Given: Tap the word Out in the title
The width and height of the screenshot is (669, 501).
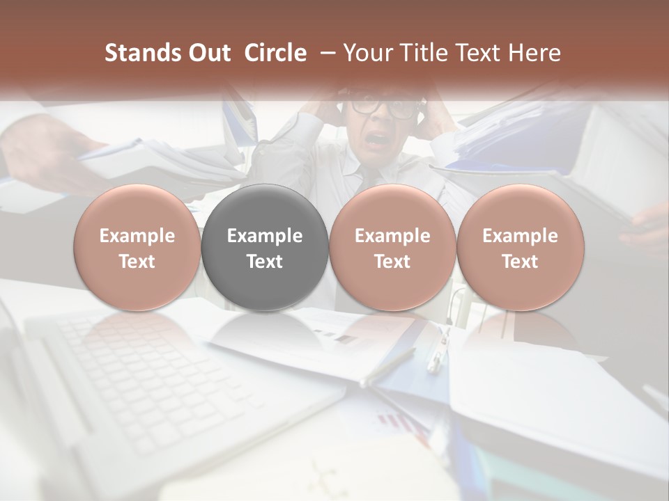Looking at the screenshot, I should (208, 53).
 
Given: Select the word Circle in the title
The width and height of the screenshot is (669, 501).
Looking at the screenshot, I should (275, 53).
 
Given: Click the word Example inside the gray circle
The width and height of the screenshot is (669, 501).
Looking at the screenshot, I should (265, 236).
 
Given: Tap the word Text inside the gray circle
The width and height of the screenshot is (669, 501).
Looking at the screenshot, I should (265, 262).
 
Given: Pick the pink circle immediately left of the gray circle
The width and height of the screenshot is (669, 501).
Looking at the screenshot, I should (137, 247).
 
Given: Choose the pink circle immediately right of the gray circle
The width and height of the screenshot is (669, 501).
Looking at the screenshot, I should (392, 247).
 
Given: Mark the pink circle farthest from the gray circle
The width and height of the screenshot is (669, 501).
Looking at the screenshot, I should (520, 247).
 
